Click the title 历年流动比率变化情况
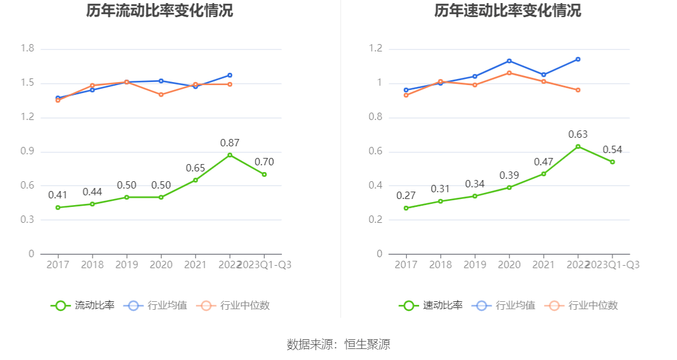coord(159,11)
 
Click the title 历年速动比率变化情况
coord(508,11)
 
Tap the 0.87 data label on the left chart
coord(230,143)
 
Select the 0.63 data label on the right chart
coord(578,134)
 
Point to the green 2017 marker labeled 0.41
coord(58,208)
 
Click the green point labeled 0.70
coord(264,174)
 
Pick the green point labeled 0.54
coord(612,162)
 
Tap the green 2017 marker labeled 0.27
coord(406,208)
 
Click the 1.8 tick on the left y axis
coord(27,49)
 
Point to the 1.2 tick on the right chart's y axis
coord(376,49)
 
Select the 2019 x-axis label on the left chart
coord(127,264)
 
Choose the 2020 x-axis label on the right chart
coord(509,264)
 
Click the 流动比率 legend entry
coord(83,306)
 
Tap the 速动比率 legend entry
coord(431,306)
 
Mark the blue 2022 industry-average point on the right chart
coord(578,59)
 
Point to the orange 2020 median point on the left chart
coord(161,95)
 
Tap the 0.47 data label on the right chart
coord(543,162)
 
